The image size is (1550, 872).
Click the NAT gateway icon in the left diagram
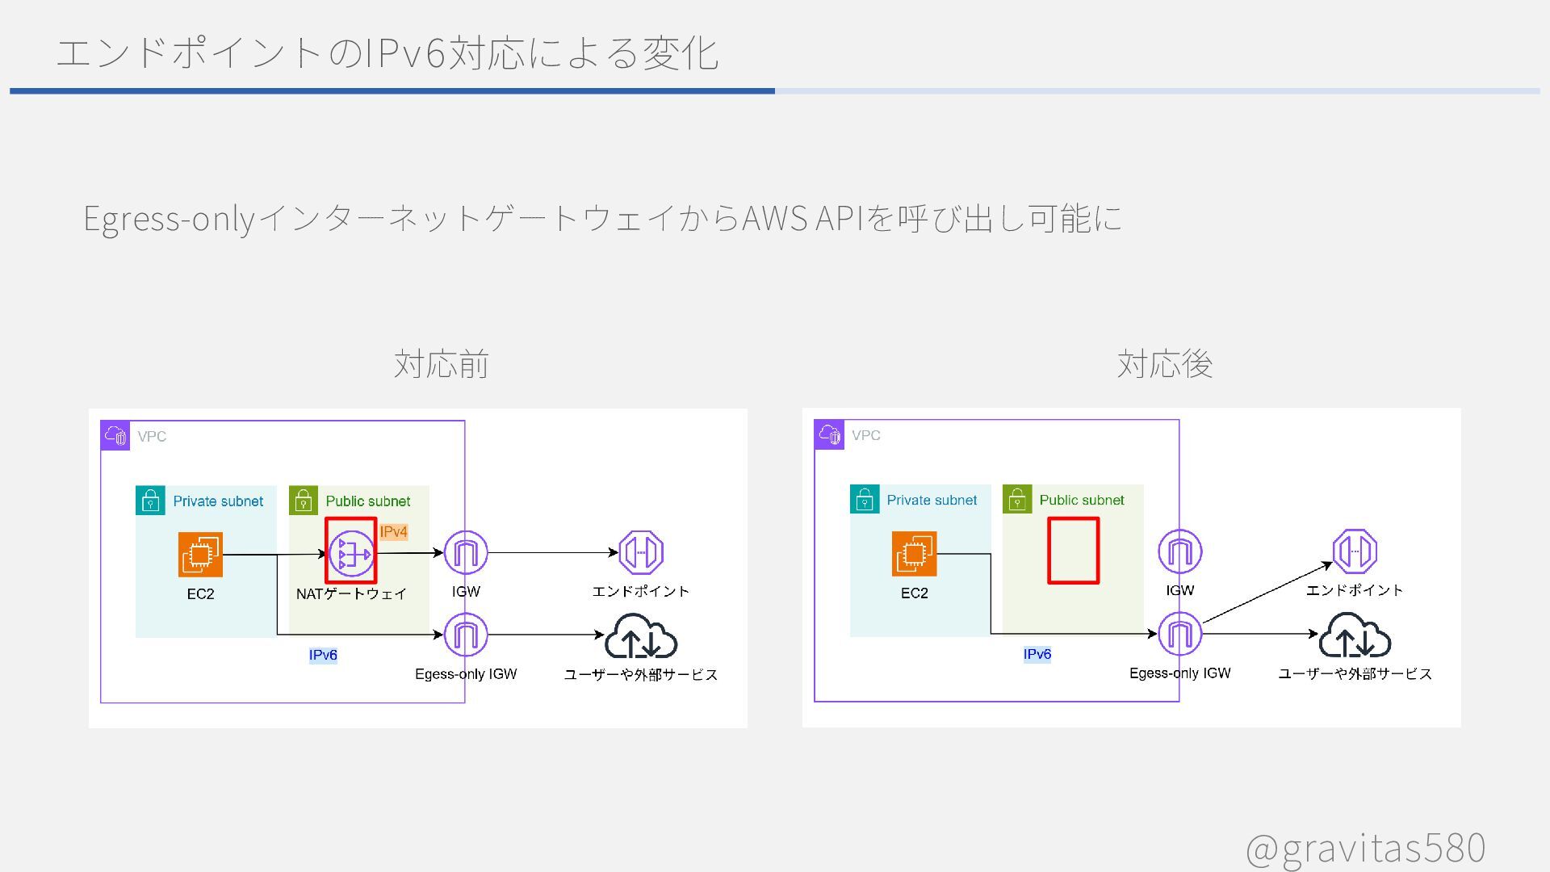(351, 554)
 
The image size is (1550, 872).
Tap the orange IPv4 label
(393, 531)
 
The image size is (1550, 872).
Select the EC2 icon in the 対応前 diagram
(200, 555)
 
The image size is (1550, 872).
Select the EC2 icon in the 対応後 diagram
(914, 554)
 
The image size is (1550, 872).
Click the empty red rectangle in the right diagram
(1073, 551)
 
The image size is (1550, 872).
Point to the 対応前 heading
(441, 364)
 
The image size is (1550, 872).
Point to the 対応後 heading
(1164, 364)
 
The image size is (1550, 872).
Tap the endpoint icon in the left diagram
(641, 553)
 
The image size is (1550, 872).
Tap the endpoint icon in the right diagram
(1355, 551)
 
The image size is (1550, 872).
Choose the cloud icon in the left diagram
(641, 636)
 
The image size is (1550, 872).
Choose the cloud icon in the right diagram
(1355, 635)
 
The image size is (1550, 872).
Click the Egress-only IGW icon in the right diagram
(1179, 635)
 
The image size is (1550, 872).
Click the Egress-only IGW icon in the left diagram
(466, 635)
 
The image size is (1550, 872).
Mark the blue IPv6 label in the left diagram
(323, 655)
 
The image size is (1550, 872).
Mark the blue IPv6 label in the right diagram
(1037, 654)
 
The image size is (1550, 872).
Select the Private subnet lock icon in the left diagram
(150, 501)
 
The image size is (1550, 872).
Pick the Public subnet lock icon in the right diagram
(1017, 500)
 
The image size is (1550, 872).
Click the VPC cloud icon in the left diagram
(115, 436)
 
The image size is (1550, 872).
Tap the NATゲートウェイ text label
(351, 594)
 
